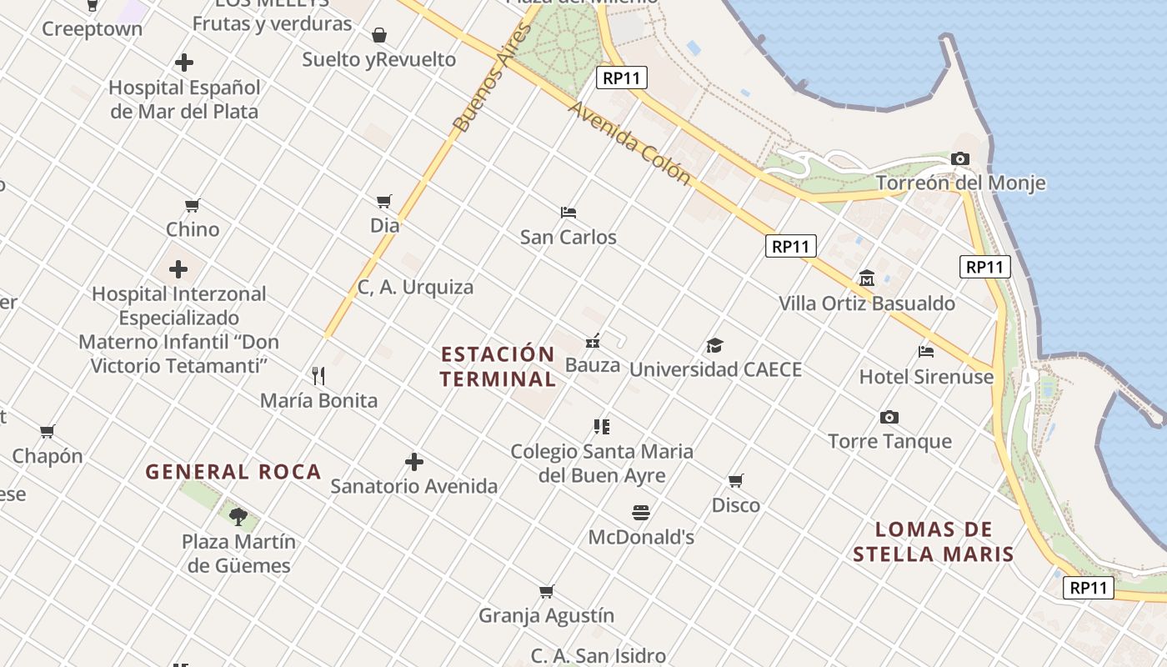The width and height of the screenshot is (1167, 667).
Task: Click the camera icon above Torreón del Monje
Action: (960, 158)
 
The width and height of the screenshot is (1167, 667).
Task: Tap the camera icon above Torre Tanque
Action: (889, 417)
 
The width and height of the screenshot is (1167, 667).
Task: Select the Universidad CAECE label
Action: (715, 369)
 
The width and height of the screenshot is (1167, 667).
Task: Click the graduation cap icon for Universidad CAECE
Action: (714, 345)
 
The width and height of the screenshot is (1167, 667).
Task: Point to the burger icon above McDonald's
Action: (640, 512)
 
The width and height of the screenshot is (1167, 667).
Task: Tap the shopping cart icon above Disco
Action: (735, 480)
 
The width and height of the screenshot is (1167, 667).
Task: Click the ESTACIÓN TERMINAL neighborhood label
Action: (498, 367)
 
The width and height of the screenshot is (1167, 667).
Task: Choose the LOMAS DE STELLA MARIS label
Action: (934, 541)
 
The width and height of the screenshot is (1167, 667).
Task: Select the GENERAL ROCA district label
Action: (233, 472)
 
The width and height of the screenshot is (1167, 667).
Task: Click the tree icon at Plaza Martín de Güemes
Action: (238, 516)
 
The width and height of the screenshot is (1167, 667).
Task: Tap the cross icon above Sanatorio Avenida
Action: (413, 461)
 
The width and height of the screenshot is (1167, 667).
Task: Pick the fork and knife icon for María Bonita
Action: (318, 375)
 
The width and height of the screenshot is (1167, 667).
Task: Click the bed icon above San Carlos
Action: (568, 212)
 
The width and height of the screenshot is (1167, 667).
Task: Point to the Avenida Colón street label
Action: (630, 143)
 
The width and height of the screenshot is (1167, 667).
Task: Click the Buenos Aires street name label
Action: (492, 78)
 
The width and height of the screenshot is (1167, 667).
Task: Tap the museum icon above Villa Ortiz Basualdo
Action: (866, 278)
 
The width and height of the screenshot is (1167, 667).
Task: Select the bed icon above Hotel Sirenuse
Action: (925, 351)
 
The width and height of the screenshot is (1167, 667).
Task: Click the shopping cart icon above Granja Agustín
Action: (546, 591)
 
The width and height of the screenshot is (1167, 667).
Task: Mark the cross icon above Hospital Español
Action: (184, 63)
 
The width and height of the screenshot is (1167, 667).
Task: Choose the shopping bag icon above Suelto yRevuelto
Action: (379, 34)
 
